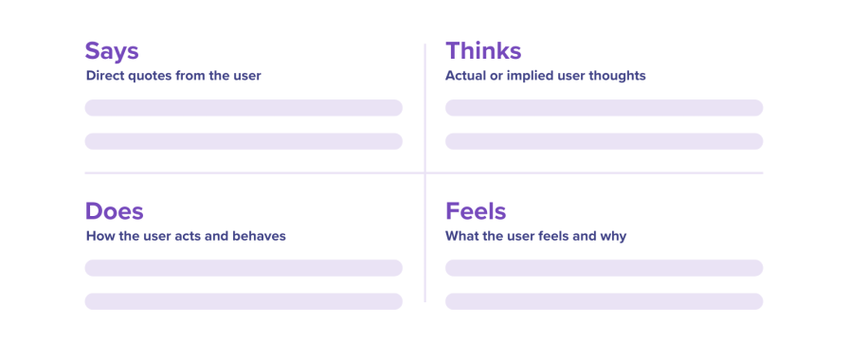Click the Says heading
[x=113, y=51]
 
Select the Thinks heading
[x=483, y=51]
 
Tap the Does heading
[x=114, y=211]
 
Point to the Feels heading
[x=476, y=211]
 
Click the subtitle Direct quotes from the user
[x=173, y=76]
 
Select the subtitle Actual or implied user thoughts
[x=545, y=76]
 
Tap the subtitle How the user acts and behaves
[x=186, y=236]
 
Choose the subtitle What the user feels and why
[x=535, y=236]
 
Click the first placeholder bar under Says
[x=244, y=108]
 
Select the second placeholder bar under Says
[x=244, y=141]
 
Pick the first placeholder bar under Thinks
[x=604, y=108]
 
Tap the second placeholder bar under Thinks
[x=604, y=141]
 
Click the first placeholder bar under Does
[x=244, y=268]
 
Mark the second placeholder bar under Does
[x=244, y=301]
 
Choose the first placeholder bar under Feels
[x=604, y=268]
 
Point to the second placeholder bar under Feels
[x=604, y=301]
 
